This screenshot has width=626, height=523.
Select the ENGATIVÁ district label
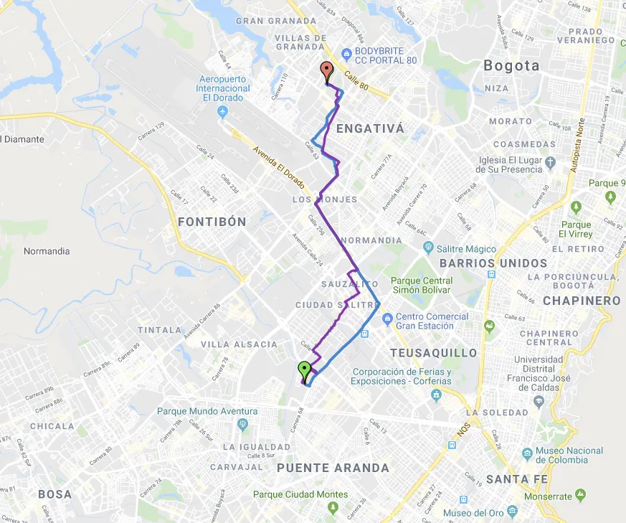(x=370, y=129)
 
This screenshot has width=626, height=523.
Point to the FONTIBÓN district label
(x=212, y=222)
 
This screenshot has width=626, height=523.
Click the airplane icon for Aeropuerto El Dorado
(x=222, y=112)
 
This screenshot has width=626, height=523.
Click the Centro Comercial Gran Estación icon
(x=387, y=317)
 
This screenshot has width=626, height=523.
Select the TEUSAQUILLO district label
(x=433, y=353)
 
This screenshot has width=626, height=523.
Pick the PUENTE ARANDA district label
(x=333, y=468)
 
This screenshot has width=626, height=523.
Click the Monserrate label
(x=549, y=496)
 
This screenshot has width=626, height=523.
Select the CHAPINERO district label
(x=582, y=301)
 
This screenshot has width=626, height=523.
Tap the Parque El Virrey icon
(x=577, y=207)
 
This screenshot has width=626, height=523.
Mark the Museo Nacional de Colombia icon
(x=528, y=453)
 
